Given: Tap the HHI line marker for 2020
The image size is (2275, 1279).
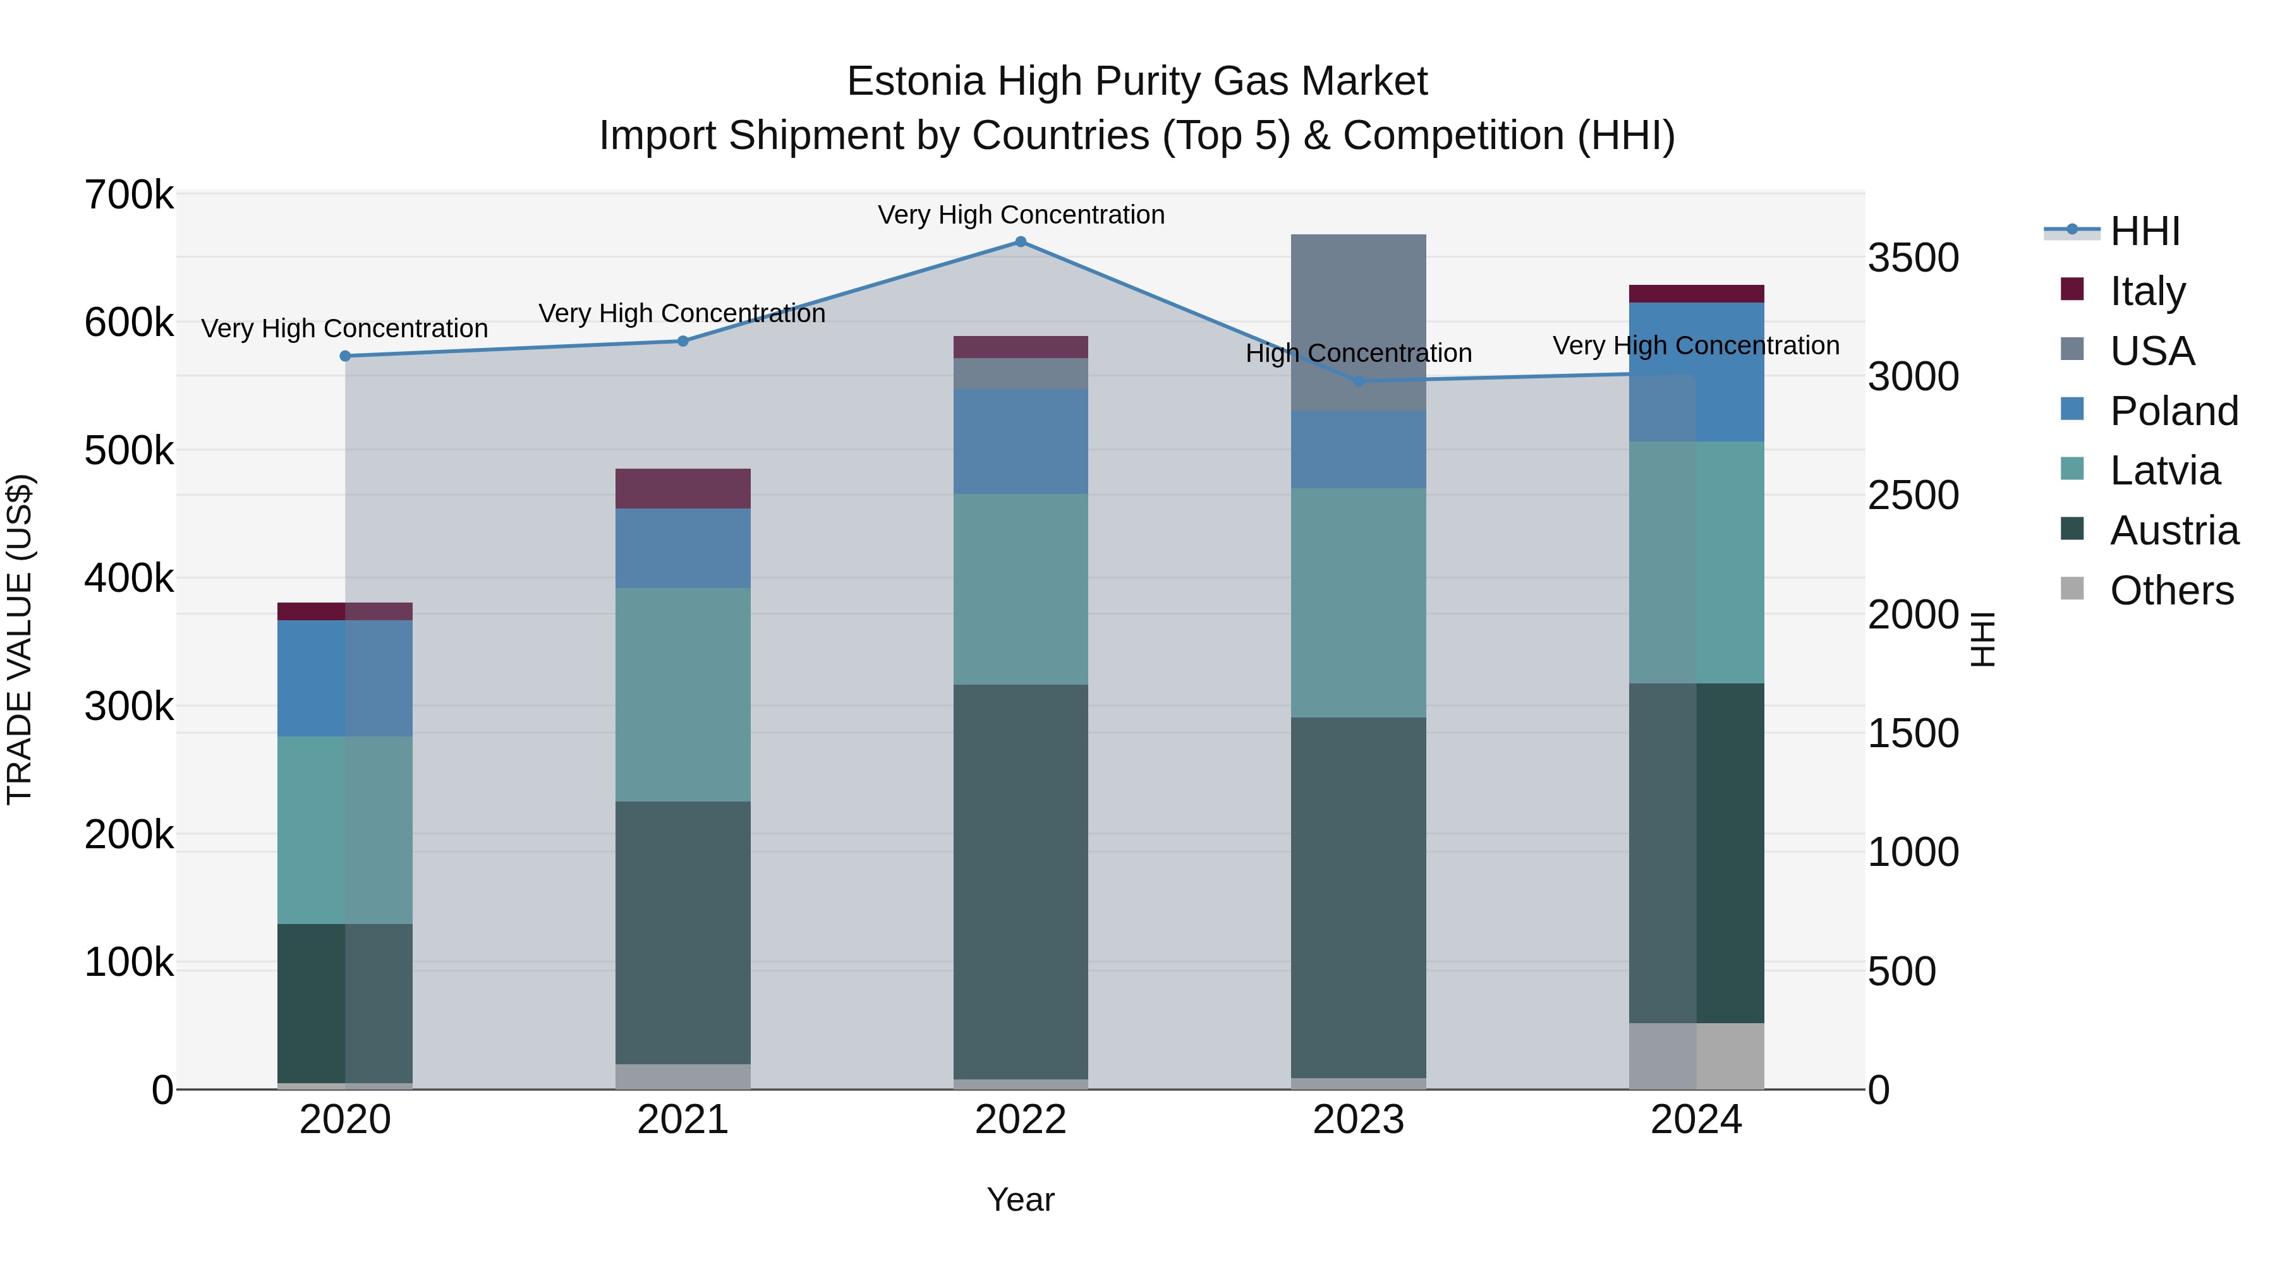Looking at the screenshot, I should [x=345, y=356].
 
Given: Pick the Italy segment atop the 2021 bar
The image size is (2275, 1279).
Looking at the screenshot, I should [x=682, y=488].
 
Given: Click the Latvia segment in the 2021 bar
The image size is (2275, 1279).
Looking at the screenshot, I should [x=682, y=695].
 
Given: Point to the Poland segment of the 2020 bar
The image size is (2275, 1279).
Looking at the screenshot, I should [x=345, y=678].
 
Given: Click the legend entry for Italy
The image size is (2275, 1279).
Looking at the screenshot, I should [x=2146, y=291].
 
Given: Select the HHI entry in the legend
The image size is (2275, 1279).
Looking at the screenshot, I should [x=2144, y=231].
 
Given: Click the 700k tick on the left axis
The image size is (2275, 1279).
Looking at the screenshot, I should [x=129, y=195].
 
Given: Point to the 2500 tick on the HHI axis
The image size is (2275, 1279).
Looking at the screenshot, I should [x=1913, y=495].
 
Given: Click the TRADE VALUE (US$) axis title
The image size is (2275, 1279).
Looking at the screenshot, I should [x=20, y=639].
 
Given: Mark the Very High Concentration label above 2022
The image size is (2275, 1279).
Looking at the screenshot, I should [x=1021, y=215].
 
